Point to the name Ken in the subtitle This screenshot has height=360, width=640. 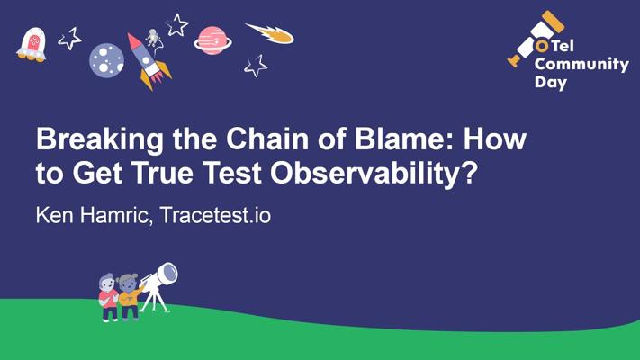(x=55, y=215)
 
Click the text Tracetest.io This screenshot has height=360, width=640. (x=215, y=215)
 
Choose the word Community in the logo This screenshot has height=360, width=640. (x=581, y=64)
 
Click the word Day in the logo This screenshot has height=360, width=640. (x=551, y=83)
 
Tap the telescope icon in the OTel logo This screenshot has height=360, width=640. (x=535, y=39)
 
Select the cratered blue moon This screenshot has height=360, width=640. (x=106, y=60)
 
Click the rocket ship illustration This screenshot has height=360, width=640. (x=148, y=61)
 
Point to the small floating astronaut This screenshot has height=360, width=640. (x=153, y=38)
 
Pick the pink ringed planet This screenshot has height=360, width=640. (x=212, y=40)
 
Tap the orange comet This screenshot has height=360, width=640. (x=270, y=33)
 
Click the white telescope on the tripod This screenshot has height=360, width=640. (x=158, y=286)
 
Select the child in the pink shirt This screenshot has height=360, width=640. (x=108, y=297)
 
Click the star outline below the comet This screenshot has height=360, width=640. (x=257, y=66)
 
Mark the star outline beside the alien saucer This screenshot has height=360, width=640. (x=70, y=39)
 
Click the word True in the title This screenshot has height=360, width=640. (x=163, y=173)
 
